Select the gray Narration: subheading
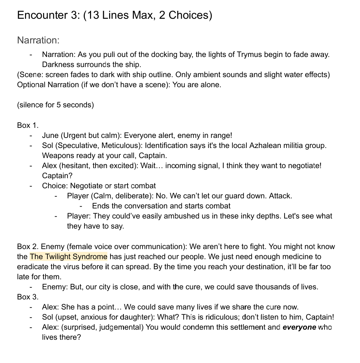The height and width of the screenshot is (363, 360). click(x=38, y=40)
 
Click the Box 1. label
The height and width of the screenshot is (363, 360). click(x=27, y=125)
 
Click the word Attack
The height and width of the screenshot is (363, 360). click(x=280, y=196)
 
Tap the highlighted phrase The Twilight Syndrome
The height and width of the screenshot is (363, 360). click(x=68, y=257)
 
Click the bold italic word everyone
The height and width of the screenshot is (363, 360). click(x=299, y=327)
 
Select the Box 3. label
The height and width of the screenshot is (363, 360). click(x=27, y=297)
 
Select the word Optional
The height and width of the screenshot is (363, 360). click(x=31, y=85)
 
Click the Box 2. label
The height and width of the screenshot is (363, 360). click(x=27, y=247)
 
